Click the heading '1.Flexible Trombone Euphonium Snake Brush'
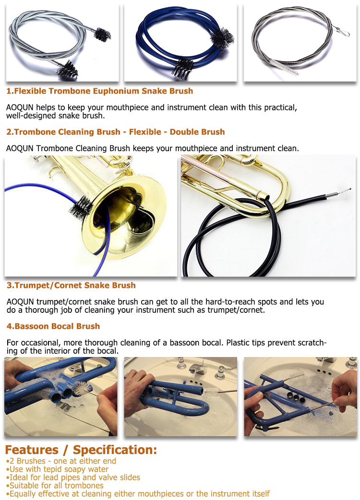coord(99,91)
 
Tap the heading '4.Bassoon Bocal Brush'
coord(53,326)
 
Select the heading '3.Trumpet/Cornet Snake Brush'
coord(71,285)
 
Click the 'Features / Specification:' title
coord(81,450)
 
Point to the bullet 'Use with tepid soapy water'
coord(58,469)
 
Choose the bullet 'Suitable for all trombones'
coord(55,485)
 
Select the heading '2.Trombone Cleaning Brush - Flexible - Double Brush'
coord(115,131)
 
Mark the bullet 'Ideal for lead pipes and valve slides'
coord(73,477)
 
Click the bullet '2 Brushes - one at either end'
coord(61,461)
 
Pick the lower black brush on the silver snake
coord(68,70)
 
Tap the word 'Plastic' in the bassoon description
coord(238,343)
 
